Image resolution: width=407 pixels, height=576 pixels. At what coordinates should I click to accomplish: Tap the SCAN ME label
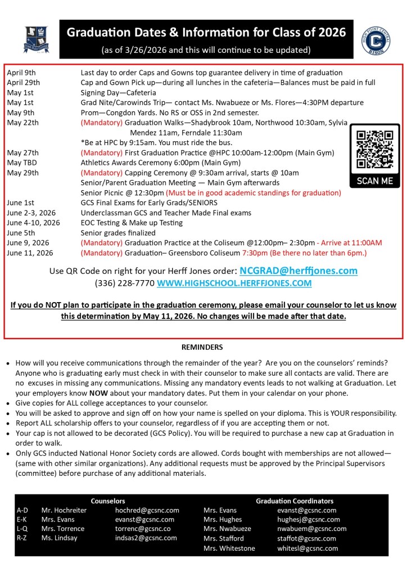pos(375,182)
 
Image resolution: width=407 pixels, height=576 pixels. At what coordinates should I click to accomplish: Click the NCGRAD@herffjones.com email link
pos(299,271)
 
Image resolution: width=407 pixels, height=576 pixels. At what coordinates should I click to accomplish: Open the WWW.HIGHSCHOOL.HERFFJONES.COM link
pos(234,283)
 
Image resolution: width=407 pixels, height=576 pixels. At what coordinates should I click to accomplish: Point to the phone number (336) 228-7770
pos(124,283)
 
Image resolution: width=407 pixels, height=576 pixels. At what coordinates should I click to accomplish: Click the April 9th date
pos(21,73)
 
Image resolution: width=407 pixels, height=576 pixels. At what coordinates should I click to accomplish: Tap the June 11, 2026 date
pos(30,253)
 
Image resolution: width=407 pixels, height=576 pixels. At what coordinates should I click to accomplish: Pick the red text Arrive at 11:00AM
pos(351,242)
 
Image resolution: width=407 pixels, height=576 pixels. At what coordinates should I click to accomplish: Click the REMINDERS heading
pos(203,347)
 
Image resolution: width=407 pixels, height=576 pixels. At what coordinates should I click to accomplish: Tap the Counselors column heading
pos(108,501)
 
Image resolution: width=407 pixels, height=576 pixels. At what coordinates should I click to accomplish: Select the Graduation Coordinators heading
pos(295,501)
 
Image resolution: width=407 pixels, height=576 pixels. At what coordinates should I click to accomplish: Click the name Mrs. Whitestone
pos(229,548)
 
